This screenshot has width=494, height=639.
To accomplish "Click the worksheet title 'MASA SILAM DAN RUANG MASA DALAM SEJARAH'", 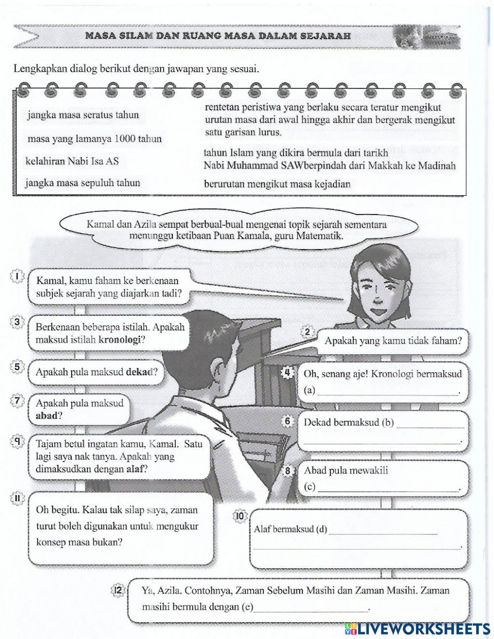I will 218,36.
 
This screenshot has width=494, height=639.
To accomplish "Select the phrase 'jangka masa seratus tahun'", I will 83,115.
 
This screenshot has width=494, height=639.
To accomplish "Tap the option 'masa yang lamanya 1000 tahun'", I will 94,139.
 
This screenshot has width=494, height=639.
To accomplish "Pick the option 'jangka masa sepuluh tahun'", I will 83,183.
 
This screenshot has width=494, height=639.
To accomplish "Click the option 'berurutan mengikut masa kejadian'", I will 277,184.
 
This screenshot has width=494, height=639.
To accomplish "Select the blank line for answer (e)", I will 311,609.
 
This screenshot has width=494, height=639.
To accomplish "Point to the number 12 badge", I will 118,590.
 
